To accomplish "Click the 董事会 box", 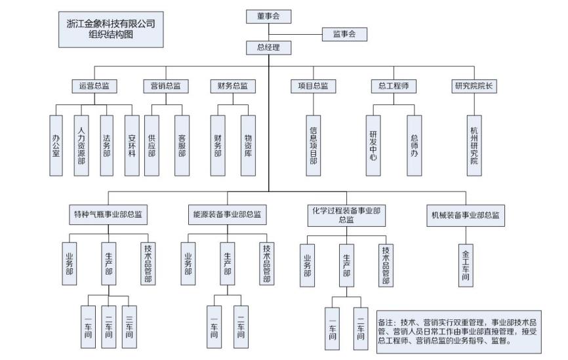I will click(269, 17).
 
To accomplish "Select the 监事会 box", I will click(344, 34).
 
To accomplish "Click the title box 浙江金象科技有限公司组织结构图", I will click(111, 30).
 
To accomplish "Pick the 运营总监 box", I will click(94, 86).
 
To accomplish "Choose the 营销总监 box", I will click(165, 86).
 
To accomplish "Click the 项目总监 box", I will click(313, 86).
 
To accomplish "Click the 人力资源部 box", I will click(81, 146).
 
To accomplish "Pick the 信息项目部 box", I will click(314, 146).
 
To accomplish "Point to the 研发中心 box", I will click(374, 146).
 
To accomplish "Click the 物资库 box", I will click(248, 146).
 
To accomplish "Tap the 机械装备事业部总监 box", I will click(465, 214).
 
